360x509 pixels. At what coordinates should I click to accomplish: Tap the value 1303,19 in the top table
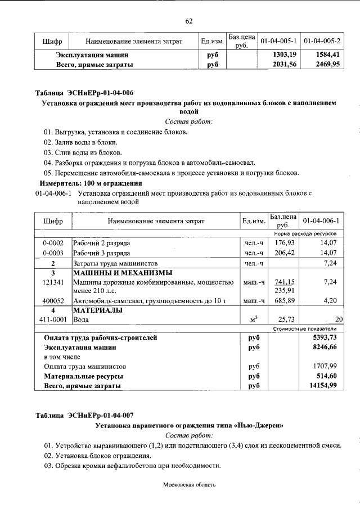tap(280, 55)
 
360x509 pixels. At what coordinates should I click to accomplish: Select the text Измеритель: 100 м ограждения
tap(90, 183)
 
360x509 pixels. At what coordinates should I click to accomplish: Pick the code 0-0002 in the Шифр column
tap(52, 242)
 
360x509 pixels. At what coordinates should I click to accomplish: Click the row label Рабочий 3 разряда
tap(102, 253)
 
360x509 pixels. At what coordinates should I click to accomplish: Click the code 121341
tap(53, 282)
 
